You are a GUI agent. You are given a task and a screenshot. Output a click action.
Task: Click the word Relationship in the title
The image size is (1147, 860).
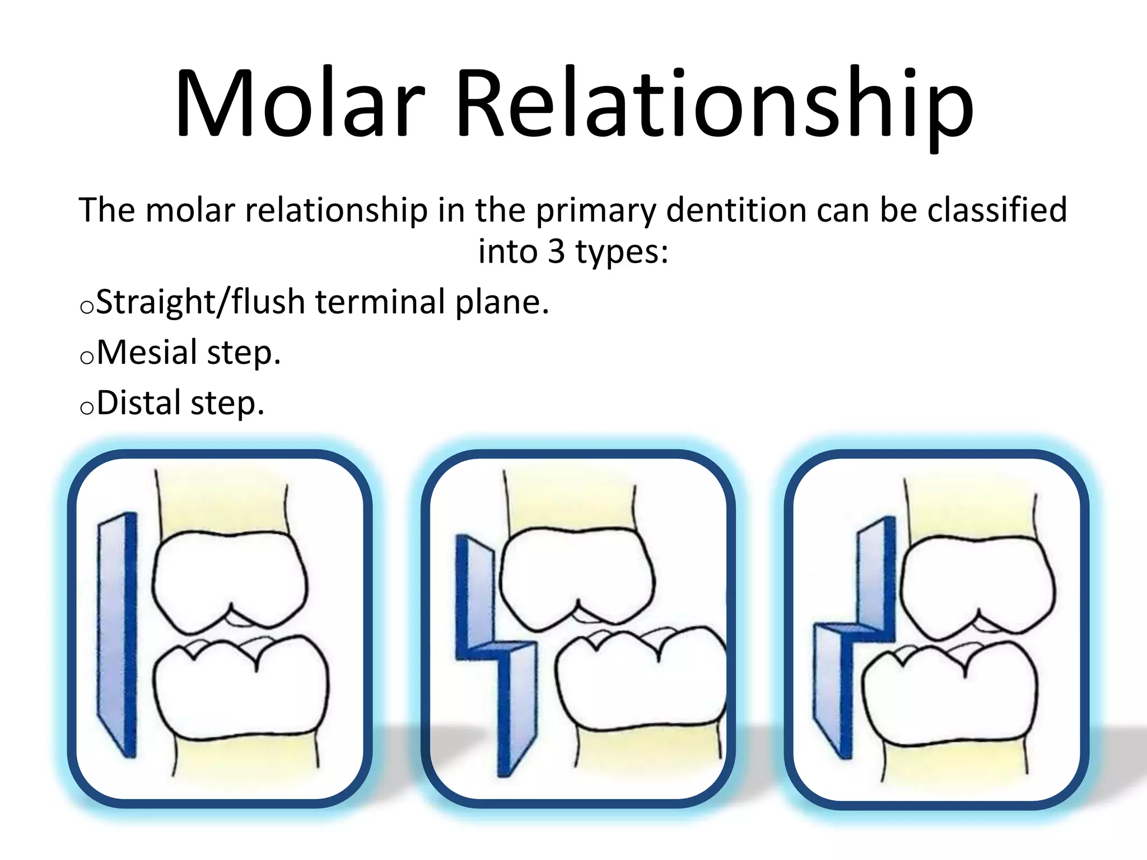(714, 104)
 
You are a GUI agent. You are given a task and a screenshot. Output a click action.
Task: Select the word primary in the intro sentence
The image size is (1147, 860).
(595, 211)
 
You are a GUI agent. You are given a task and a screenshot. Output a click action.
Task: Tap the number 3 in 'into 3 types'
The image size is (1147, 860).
(556, 251)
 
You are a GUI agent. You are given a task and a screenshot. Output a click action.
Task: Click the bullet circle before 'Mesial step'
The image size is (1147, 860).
(87, 358)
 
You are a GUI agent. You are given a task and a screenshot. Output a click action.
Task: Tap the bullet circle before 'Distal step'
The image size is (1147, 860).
(87, 408)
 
